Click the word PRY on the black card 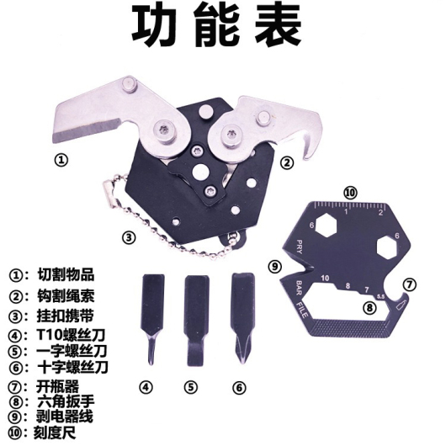pyautogui.click(x=299, y=247)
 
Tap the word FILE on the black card pyautogui.click(x=302, y=309)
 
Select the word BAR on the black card pyautogui.click(x=300, y=287)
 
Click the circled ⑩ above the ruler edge pyautogui.click(x=350, y=193)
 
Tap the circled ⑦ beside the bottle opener pyautogui.click(x=410, y=284)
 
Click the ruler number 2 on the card pyautogui.click(x=381, y=212)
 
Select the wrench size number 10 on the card pyautogui.click(x=325, y=279)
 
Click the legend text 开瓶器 pyautogui.click(x=57, y=387)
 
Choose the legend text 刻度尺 pyautogui.click(x=56, y=433)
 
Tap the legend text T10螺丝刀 pyautogui.click(x=72, y=335)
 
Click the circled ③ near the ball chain pyautogui.click(x=129, y=237)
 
